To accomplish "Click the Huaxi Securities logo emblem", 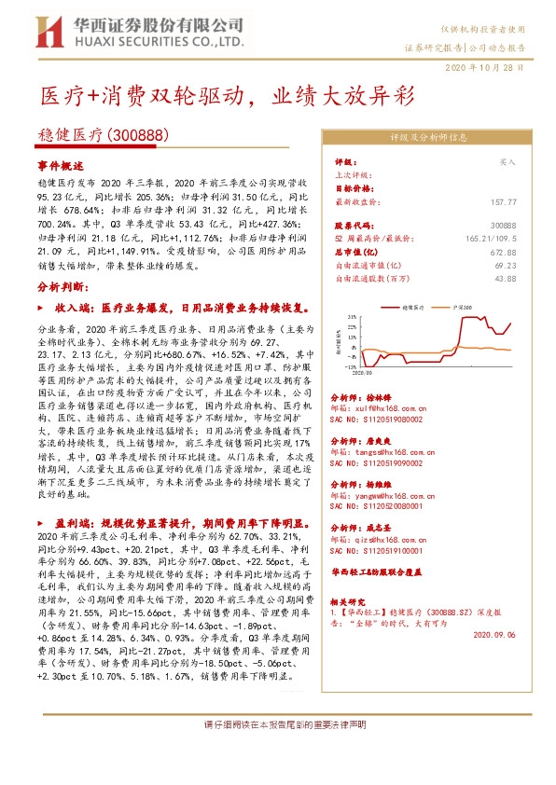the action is pyautogui.click(x=46, y=31).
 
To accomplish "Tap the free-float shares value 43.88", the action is pyautogui.click(x=505, y=278).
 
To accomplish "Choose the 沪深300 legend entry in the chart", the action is pyautogui.click(x=463, y=305).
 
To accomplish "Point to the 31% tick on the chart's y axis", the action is pyautogui.click(x=352, y=317).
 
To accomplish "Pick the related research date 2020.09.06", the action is pyautogui.click(x=494, y=632).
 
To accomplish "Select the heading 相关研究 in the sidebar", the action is pyautogui.click(x=354, y=603).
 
